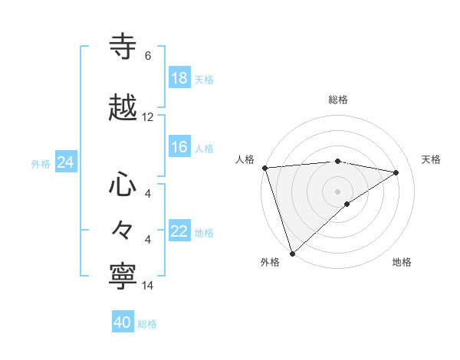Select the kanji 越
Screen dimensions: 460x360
pyautogui.click(x=124, y=108)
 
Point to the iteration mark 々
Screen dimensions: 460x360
pyautogui.click(x=123, y=230)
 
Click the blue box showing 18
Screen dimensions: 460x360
pyautogui.click(x=179, y=78)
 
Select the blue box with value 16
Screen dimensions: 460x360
pyautogui.click(x=179, y=148)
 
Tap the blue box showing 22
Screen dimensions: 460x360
pyautogui.click(x=179, y=232)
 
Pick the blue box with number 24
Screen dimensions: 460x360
pyautogui.click(x=65, y=163)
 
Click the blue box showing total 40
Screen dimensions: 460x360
pyautogui.click(x=123, y=322)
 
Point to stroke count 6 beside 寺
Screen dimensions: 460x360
pyautogui.click(x=148, y=56)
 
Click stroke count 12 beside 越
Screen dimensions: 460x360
pyautogui.click(x=148, y=117)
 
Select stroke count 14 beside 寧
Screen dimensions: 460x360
pyautogui.click(x=148, y=285)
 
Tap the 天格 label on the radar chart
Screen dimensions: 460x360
pyautogui.click(x=432, y=159)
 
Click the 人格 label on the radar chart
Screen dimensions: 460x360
pyautogui.click(x=245, y=159)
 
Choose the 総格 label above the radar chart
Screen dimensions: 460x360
pyautogui.click(x=338, y=100)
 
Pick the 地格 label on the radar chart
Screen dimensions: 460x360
pyautogui.click(x=402, y=262)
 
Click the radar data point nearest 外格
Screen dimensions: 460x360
pyautogui.click(x=291, y=253)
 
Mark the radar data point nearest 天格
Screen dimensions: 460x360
pyautogui.click(x=396, y=172)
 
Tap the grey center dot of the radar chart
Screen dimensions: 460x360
pyautogui.click(x=337, y=191)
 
